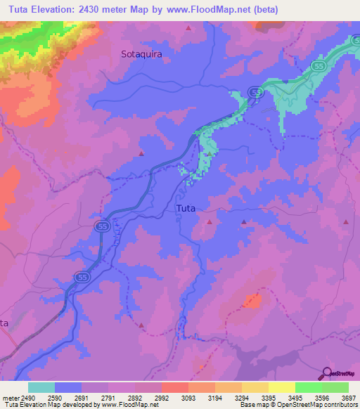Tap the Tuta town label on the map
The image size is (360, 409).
coord(186,209)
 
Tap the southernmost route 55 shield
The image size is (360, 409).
coord(82,278)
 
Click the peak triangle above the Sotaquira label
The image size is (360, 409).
coord(188,28)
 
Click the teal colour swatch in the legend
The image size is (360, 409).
coord(41,387)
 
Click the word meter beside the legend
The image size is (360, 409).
coord(9,398)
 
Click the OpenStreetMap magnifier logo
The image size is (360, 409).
coord(326,374)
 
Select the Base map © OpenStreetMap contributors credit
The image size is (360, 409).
coord(298,405)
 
